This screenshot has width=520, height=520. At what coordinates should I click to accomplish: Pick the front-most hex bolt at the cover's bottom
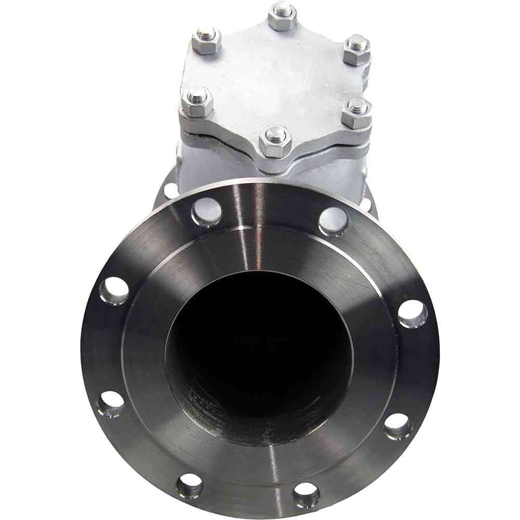coord(274,140)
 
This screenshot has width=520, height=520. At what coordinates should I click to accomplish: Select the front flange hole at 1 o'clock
coord(333,220)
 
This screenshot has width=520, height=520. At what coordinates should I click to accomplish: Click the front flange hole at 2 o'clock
coord(413,314)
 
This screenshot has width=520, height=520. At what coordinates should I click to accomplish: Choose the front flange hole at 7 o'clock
coord(189,486)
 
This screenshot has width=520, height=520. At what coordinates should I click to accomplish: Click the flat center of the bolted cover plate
coord(276,78)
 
